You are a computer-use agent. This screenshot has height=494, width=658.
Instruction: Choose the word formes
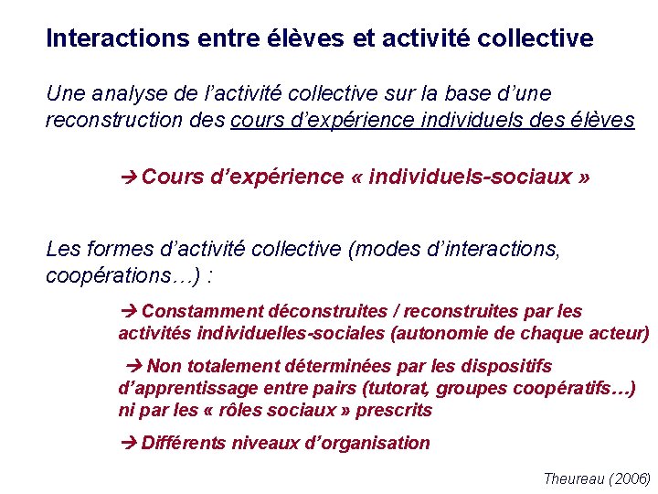coord(114,248)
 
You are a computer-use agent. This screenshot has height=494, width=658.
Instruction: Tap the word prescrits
coord(394,410)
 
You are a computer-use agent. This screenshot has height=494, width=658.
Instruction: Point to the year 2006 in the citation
coord(631,478)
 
